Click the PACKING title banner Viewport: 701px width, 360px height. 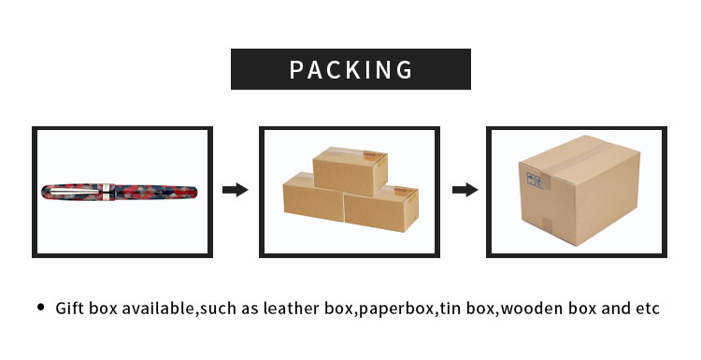(350, 69)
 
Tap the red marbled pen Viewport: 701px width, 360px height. (140, 193)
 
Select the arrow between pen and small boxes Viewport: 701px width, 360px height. (235, 190)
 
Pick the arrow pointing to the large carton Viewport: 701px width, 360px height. (465, 190)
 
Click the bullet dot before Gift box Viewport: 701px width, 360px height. (40, 307)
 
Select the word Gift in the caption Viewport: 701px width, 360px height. (71, 308)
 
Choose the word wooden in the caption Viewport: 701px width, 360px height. (530, 308)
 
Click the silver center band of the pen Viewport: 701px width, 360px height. (109, 193)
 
